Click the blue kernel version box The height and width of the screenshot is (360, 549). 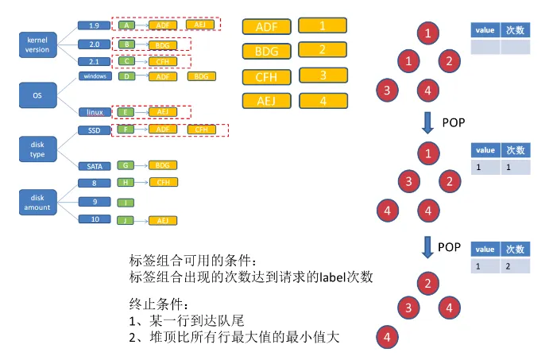tap(37, 45)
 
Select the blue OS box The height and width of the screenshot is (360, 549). tap(37, 95)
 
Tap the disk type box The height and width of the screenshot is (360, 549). tap(37, 149)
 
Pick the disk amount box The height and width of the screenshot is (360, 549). tap(37, 202)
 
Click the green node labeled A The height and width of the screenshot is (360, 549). tap(126, 25)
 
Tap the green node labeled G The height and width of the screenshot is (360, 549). tap(126, 165)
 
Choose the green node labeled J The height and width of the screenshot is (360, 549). tap(126, 219)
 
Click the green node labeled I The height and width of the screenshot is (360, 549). tap(126, 201)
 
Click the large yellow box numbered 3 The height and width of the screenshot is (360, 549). tap(323, 76)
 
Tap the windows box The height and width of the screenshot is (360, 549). tap(95, 76)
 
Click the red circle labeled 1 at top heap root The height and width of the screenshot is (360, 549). tap(428, 33)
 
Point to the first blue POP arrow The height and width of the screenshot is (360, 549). tap(428, 122)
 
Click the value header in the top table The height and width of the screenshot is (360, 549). tap(485, 29)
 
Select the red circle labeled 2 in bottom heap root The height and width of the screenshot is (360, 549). tap(428, 283)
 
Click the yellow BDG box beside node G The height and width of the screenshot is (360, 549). tap(162, 165)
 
